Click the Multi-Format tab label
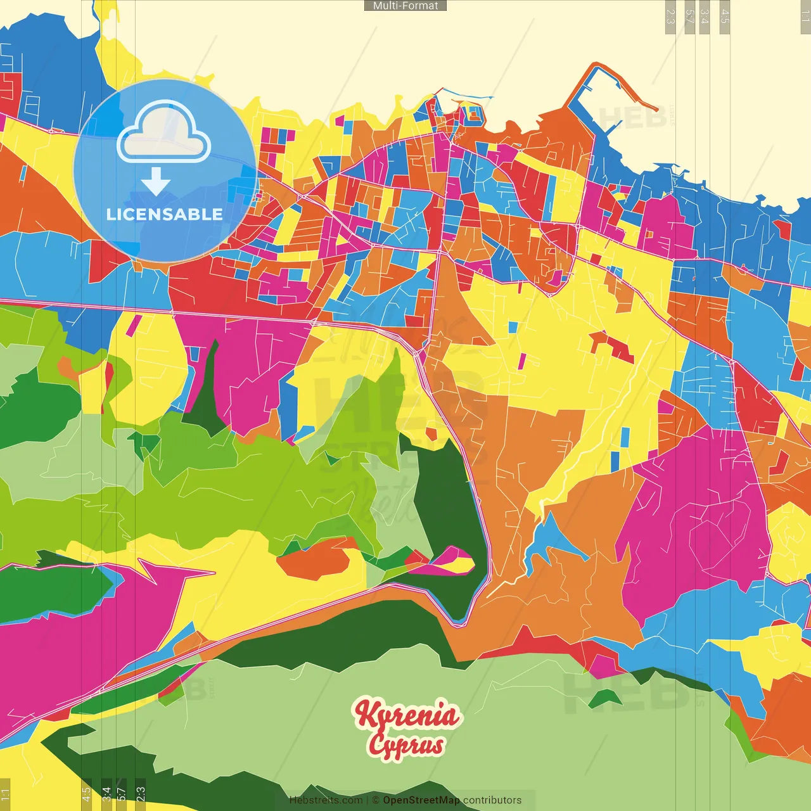[x=405, y=6]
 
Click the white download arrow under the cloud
[x=156, y=182]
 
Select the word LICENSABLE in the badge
[x=165, y=214]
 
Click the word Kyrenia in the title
[x=406, y=715]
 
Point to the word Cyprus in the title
[x=406, y=744]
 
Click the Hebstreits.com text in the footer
[x=326, y=800]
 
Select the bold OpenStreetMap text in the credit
[x=421, y=800]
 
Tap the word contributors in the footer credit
[x=492, y=800]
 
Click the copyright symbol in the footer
[x=376, y=800]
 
